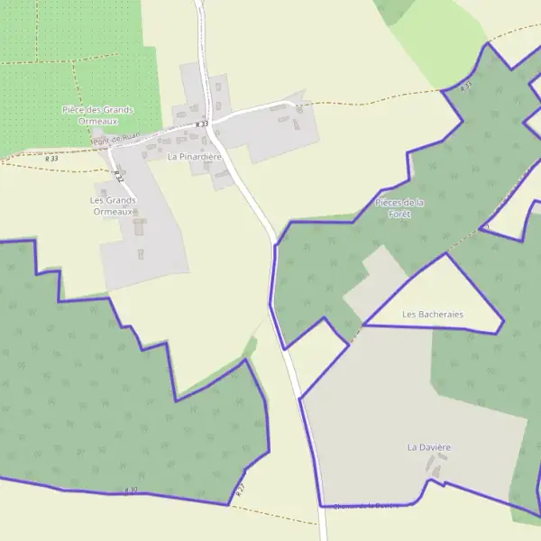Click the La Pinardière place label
[194, 156]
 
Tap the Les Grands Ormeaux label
[113, 206]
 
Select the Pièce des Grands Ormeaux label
[97, 115]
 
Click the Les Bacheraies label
[433, 315]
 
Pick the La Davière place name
[428, 447]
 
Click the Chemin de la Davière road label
[365, 506]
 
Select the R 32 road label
[118, 176]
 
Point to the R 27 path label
[241, 491]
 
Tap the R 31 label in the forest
[465, 87]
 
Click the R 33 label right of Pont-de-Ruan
[201, 124]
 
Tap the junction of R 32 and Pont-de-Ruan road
[108, 149]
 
